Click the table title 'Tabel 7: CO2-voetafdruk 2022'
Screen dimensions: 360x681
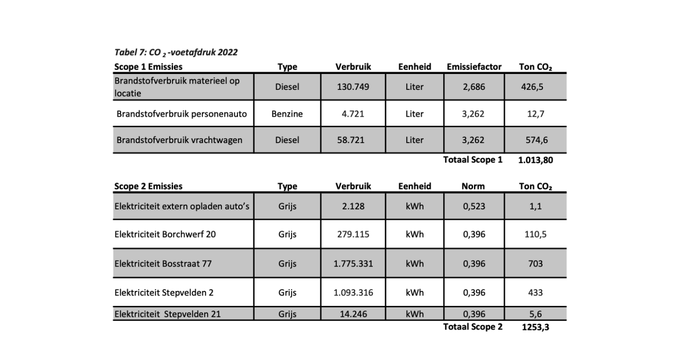(x=176, y=53)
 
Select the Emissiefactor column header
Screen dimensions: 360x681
(x=474, y=67)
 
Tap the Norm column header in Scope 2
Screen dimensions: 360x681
(x=474, y=186)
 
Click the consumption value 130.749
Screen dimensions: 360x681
(x=353, y=87)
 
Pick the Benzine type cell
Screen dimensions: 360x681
(x=287, y=113)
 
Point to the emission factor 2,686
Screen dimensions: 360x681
(x=474, y=87)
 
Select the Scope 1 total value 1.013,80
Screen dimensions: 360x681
(x=535, y=160)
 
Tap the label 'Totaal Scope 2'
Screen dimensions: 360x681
(x=473, y=326)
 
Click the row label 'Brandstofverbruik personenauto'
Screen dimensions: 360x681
(x=182, y=113)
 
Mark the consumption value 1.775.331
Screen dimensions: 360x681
(x=353, y=263)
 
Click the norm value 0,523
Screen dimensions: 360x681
(x=474, y=206)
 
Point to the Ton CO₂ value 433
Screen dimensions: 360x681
(x=536, y=293)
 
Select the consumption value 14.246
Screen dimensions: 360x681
(x=353, y=314)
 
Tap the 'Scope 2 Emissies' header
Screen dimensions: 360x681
(x=148, y=186)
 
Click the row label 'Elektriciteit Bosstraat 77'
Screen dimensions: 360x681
(x=163, y=263)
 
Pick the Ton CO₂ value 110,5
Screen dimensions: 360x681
(x=536, y=234)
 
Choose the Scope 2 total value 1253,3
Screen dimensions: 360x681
(x=535, y=327)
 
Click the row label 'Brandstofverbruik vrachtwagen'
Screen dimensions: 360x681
(x=179, y=140)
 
